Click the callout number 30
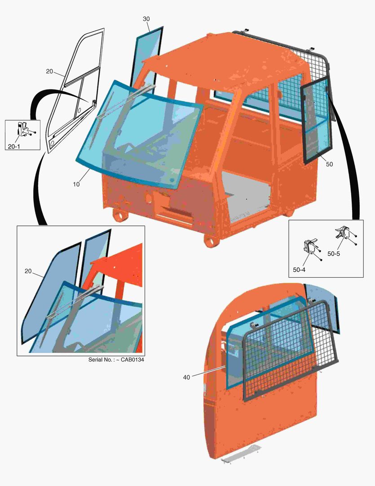tap(146, 19)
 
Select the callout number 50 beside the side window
tap(329, 164)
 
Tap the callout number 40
tap(186, 378)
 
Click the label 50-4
tap(299, 270)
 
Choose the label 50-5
tap(334, 254)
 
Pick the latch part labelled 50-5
tap(342, 232)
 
